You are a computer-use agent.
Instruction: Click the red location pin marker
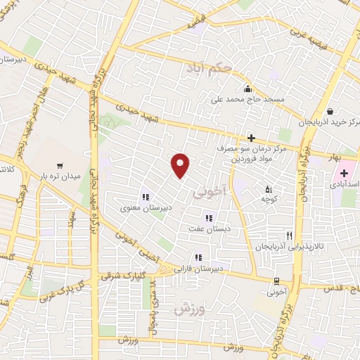coord(181,165)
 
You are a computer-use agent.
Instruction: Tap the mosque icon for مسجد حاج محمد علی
coord(247,89)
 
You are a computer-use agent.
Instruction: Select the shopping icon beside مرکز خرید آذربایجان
coord(330,110)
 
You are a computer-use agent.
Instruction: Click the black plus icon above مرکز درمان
coord(251,138)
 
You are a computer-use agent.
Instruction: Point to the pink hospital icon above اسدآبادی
coord(344,173)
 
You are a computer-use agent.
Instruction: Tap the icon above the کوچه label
coord(268,188)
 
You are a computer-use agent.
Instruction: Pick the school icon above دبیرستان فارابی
coord(199,257)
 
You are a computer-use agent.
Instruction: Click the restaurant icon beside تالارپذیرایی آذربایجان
coord(289,236)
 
